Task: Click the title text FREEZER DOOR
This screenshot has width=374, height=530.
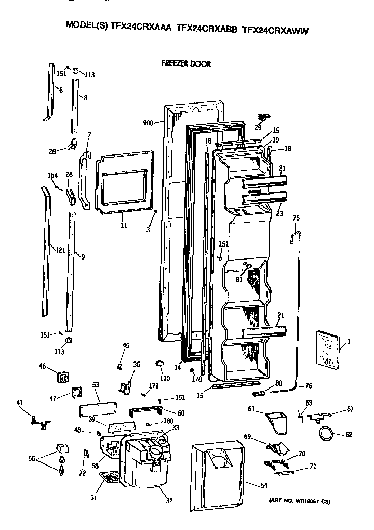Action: pos(186,64)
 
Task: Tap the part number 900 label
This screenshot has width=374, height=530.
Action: pos(148,123)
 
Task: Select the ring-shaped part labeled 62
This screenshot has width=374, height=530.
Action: pos(327,432)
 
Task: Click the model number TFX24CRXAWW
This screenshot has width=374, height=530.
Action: pos(275,31)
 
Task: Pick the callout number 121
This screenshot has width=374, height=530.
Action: pos(60,250)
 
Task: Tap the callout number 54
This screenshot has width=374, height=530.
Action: pos(264,485)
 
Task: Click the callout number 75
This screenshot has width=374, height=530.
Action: pos(296,218)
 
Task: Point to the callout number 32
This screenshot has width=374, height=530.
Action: pos(169,501)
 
